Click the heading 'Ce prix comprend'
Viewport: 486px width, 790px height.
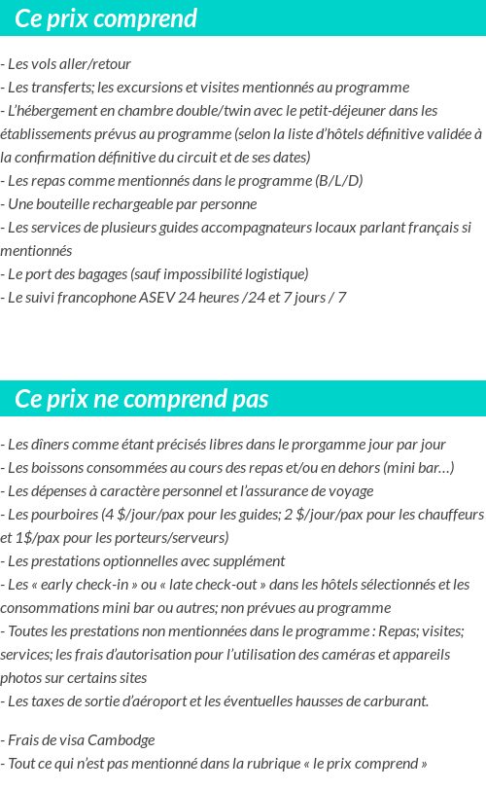106,18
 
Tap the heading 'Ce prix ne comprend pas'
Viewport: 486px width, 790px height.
142,399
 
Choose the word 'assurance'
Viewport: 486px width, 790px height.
294,491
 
